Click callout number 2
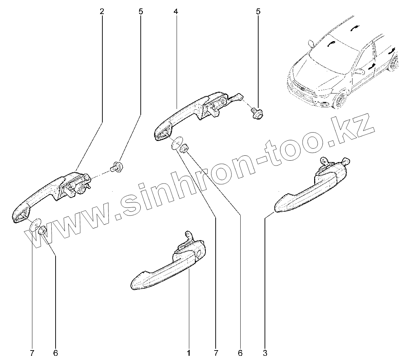(x=102, y=12)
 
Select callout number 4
(x=176, y=12)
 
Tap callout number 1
(x=189, y=353)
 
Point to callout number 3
(x=265, y=353)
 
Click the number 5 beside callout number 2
(x=141, y=12)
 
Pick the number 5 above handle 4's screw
(x=258, y=12)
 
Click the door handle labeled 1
(x=165, y=272)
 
